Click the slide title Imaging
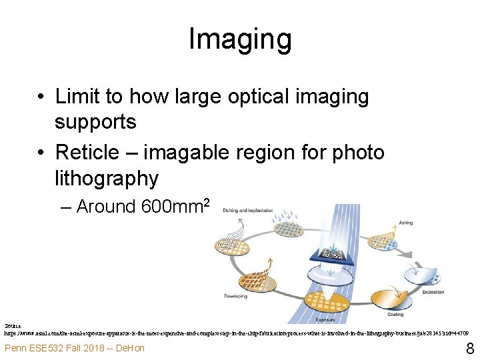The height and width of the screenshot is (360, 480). click(240, 39)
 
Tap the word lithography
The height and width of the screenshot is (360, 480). click(107, 178)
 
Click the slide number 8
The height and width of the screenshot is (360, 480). click(469, 348)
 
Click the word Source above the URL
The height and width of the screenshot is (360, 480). click(12, 325)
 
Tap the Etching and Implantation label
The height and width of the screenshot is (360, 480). click(249, 211)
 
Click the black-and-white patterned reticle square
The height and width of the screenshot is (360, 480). click(334, 255)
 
